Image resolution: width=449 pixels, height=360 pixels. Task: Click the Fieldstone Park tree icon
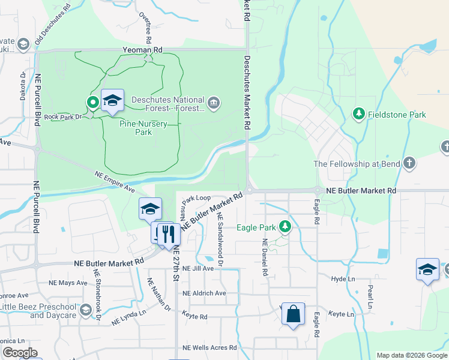click(359, 114)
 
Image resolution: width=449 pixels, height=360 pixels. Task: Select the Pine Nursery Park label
click(135, 127)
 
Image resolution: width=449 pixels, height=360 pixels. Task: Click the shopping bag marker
click(293, 314)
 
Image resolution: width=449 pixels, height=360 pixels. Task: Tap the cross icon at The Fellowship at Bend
click(409, 163)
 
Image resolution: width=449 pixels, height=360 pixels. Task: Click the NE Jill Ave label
click(198, 269)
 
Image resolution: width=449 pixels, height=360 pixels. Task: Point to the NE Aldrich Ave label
click(204, 293)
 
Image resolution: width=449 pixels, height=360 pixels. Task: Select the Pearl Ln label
click(370, 296)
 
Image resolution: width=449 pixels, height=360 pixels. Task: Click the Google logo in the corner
click(20, 353)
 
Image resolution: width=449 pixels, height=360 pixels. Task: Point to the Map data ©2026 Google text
click(412, 355)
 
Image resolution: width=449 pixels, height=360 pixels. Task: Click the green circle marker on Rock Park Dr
click(93, 103)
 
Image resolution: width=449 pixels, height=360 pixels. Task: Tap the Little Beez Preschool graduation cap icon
click(85, 310)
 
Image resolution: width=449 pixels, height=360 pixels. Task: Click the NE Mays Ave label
click(73, 283)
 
